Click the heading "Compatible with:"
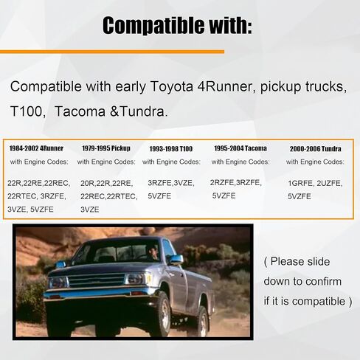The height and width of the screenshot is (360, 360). coord(177,26)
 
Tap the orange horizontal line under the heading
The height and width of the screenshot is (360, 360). coord(112,52)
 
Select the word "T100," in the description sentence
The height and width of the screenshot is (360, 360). coord(28,111)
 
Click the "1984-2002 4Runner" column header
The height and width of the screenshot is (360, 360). coord(36,148)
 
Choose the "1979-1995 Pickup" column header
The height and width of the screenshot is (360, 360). coord(106,148)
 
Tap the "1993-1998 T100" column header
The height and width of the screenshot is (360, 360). coord(171,149)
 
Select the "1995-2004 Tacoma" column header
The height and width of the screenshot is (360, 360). coord(240,148)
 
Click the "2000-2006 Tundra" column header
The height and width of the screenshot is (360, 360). coord(315,149)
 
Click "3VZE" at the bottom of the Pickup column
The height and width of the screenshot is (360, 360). coord(90,210)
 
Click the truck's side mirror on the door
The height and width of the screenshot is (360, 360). coord(176,260)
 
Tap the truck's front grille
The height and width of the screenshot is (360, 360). coord(97,280)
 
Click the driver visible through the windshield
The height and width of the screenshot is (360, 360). coord(152,252)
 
